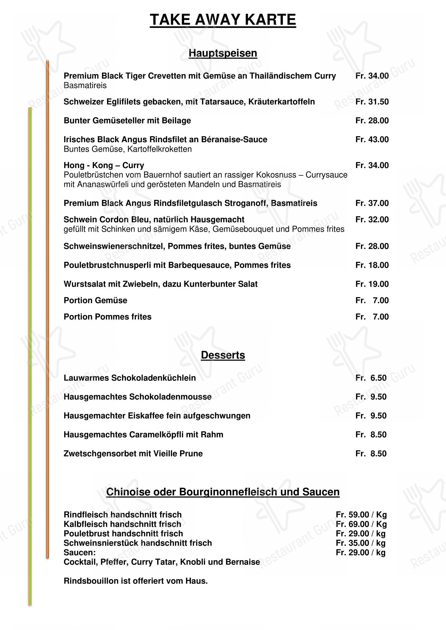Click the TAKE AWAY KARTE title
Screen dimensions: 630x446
[x=223, y=20]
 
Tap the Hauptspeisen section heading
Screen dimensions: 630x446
[x=223, y=53]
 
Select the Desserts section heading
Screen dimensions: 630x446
[x=223, y=355]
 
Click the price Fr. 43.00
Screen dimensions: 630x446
[x=372, y=140]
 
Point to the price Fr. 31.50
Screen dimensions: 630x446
[x=372, y=102]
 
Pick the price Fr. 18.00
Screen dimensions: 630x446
[x=372, y=265]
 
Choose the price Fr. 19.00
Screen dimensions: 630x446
[x=372, y=284]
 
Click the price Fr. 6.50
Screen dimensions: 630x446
[x=371, y=378]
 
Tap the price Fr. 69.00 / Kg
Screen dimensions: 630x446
[x=361, y=524]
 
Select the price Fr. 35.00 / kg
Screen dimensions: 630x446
[x=361, y=543]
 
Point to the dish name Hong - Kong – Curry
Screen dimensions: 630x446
[x=104, y=165]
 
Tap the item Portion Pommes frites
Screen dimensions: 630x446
[x=107, y=317]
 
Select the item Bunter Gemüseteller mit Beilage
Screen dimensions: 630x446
[x=127, y=120]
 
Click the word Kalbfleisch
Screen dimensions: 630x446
[x=86, y=524]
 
